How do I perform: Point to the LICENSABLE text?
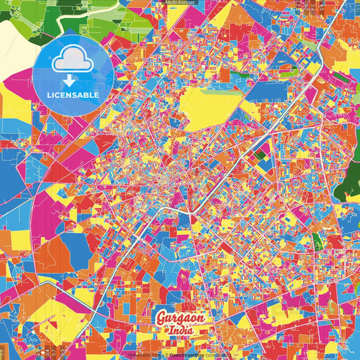coord(73,95)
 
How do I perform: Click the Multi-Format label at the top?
coord(180,3)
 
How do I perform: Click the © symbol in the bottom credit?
coord(165,354)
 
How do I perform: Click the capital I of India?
coord(170,331)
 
